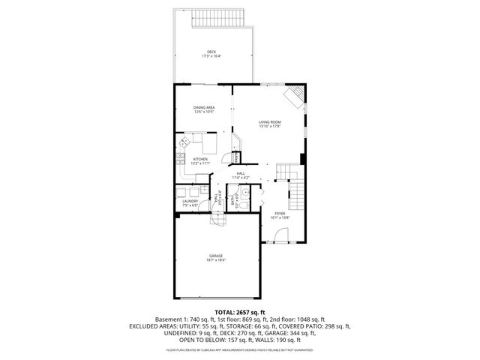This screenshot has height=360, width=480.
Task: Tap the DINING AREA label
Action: tap(204, 107)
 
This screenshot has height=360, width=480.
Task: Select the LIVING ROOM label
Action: tap(269, 121)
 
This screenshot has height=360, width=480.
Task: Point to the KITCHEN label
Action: tap(199, 159)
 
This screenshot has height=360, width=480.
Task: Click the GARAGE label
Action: tap(216, 256)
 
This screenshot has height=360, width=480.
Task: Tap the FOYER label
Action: tap(279, 214)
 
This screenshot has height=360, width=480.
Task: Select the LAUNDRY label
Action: tap(190, 200)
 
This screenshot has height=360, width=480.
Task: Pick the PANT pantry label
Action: tap(235, 157)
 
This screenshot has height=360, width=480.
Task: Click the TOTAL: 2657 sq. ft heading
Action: tap(239, 312)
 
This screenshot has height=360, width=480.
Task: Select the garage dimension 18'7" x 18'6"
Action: tap(216, 260)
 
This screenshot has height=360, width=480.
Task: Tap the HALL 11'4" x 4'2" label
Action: tap(241, 175)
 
